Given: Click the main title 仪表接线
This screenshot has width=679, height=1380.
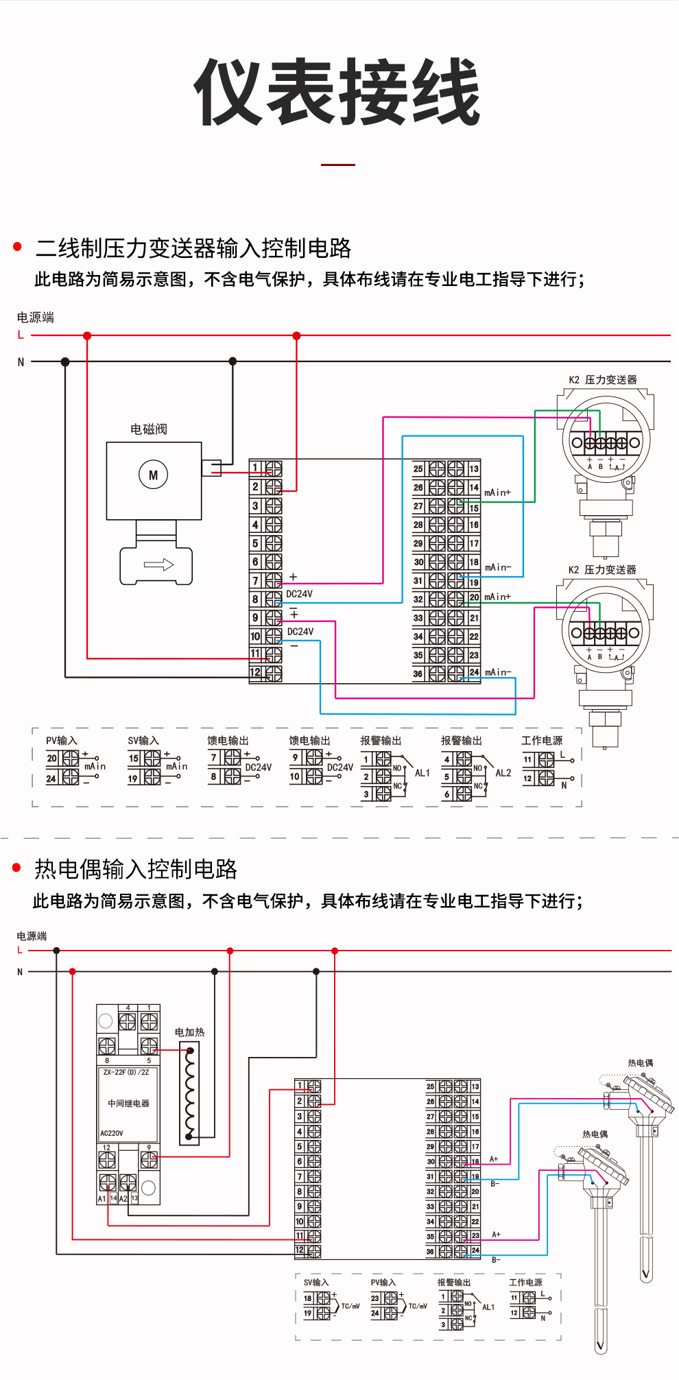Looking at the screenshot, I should (337, 93).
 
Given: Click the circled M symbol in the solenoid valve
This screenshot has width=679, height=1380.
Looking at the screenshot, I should (153, 475).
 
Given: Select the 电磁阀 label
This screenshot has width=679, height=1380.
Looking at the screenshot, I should (149, 429).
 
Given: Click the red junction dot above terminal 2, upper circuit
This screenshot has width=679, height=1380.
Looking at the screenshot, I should (296, 335).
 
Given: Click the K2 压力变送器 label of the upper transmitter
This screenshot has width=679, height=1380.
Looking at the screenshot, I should (602, 379).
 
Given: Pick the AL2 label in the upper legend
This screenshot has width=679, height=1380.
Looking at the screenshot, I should (503, 773).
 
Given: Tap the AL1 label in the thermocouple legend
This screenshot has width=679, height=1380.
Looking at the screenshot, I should (488, 1307).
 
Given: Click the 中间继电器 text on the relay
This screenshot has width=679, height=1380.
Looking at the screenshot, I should (128, 1103).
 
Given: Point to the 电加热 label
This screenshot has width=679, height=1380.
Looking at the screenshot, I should (189, 1032).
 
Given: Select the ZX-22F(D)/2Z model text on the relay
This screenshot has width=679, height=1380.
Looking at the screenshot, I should (126, 1072).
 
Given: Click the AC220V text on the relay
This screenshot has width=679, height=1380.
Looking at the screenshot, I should (112, 1133).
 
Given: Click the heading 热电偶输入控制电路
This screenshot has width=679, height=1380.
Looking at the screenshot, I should (136, 869).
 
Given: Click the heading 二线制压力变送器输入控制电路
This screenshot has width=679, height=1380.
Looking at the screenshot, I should (193, 248).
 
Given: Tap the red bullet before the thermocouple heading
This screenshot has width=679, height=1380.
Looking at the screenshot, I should (17, 868).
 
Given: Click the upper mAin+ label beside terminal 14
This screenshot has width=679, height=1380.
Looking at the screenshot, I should (497, 492).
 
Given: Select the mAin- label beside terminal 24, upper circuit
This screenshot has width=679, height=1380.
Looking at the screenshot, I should (497, 672).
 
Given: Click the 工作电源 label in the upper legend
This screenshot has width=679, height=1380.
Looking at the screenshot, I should (541, 740).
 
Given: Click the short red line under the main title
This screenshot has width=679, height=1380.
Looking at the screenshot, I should (338, 165).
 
